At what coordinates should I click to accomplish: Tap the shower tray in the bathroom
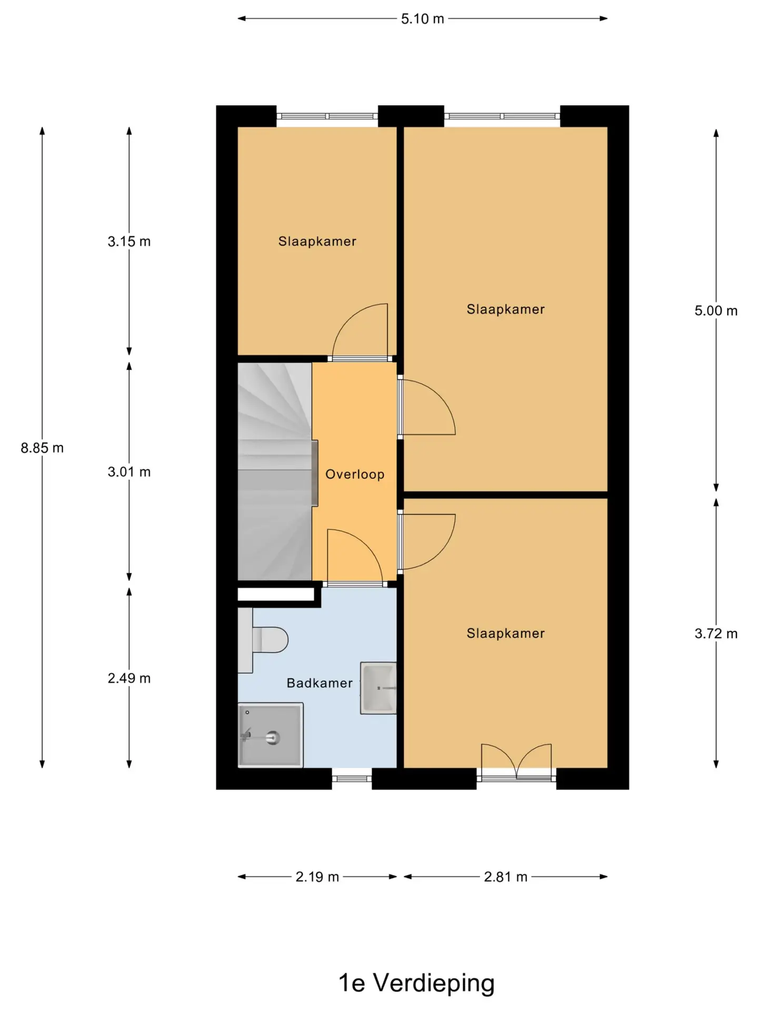click(x=271, y=735)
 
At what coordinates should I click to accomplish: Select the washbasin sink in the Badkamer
click(x=378, y=688)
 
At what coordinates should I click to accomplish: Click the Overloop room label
click(x=355, y=474)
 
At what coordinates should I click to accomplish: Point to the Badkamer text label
click(x=320, y=683)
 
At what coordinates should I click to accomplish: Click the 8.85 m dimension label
click(x=42, y=448)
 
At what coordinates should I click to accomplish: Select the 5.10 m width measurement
click(x=423, y=19)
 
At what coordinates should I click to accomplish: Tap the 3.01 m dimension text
click(x=129, y=472)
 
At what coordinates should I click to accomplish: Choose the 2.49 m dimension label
click(x=129, y=678)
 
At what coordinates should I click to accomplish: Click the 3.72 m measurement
click(x=716, y=633)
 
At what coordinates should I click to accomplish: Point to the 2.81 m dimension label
click(x=505, y=877)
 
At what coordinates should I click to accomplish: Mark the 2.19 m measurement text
click(x=317, y=877)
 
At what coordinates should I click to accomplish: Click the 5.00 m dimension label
click(x=716, y=310)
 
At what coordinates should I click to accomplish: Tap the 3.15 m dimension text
click(x=129, y=241)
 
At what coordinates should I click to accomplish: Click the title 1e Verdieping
click(x=416, y=983)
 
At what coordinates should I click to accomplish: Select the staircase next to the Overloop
click(x=275, y=471)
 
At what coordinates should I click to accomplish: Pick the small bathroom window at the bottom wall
click(x=352, y=779)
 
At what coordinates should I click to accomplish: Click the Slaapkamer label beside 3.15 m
click(x=317, y=241)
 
